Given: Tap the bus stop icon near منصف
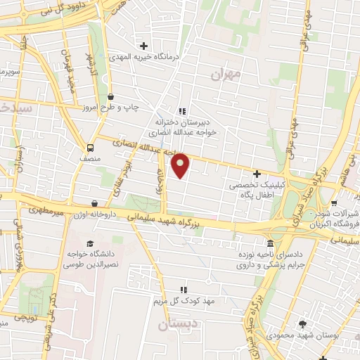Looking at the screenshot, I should pyautogui.click(x=89, y=148).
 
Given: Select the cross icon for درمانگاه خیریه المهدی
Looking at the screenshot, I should pyautogui.click(x=145, y=45).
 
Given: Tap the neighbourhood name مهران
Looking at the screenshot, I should pyautogui.click(x=225, y=73).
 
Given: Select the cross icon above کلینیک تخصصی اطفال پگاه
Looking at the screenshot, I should pyautogui.click(x=257, y=173).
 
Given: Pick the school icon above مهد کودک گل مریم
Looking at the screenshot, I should pyautogui.click(x=184, y=289).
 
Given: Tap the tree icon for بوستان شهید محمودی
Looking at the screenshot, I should pyautogui.click(x=302, y=323).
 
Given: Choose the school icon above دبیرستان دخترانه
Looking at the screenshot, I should pyautogui.click(x=182, y=111).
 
